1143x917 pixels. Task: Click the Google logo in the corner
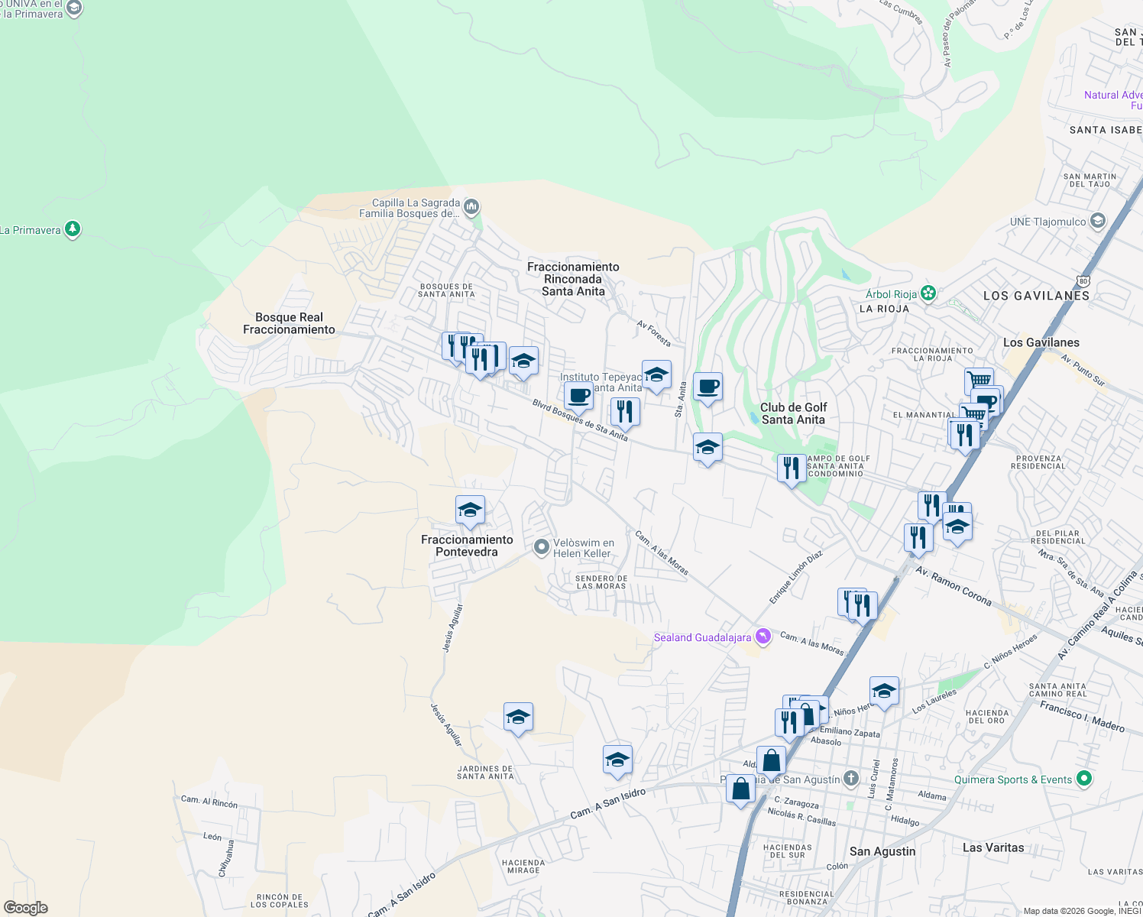[26, 907]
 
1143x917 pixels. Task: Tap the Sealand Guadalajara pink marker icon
[763, 636]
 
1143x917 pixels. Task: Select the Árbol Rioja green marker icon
[928, 293]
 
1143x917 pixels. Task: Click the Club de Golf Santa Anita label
[793, 413]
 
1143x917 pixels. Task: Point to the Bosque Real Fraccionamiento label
[289, 323]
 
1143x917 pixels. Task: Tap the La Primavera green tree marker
[73, 228]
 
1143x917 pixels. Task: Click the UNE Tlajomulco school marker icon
[1098, 221]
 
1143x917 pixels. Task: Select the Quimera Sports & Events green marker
[1083, 779]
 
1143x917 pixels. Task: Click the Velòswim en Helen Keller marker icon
[542, 546]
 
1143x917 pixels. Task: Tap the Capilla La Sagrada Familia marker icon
[471, 206]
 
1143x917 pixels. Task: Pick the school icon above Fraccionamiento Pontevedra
[470, 510]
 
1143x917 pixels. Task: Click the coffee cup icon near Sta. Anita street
[707, 387]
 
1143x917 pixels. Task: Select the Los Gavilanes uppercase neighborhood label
[1036, 296]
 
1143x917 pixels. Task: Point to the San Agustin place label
[882, 851]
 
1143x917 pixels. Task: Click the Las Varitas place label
[993, 847]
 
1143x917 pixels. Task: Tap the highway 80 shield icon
[1083, 280]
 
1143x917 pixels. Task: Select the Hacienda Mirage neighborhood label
[523, 866]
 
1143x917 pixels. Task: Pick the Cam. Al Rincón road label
[209, 802]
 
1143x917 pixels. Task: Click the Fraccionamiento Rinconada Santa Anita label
[573, 279]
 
